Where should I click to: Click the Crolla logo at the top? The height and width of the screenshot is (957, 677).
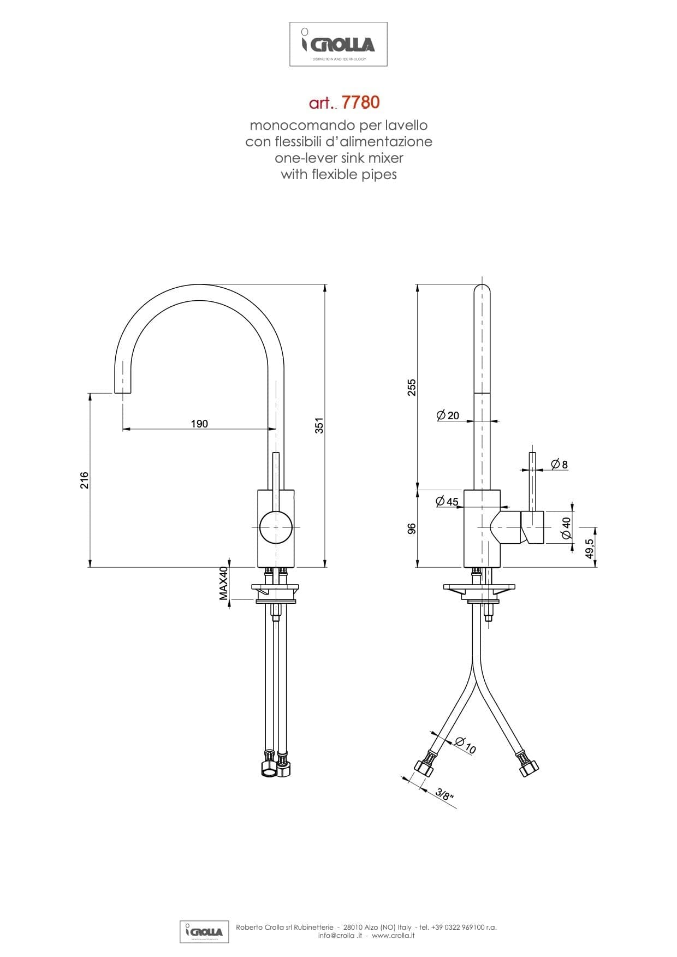tap(338, 44)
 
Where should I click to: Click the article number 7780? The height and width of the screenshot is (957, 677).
tap(360, 102)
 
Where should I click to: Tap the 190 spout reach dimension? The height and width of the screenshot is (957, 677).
tap(199, 424)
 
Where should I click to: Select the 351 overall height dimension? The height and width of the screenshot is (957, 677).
tap(320, 426)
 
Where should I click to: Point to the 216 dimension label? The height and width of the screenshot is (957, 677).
tap(85, 480)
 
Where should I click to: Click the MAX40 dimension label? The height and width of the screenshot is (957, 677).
tap(224, 583)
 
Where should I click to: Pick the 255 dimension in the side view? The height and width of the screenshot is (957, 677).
tap(412, 387)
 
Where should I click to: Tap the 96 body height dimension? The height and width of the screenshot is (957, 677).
tap(412, 528)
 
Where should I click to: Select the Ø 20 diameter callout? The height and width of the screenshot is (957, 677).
tap(448, 415)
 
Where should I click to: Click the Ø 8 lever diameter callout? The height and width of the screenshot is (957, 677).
tap(559, 465)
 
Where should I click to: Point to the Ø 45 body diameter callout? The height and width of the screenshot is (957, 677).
tap(447, 501)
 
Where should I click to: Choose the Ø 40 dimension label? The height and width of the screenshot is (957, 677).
tap(566, 528)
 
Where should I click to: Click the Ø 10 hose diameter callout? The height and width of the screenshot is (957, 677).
tap(465, 745)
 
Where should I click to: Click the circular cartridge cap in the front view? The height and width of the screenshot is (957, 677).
tap(276, 527)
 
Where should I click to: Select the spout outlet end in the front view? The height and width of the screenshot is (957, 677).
tap(123, 392)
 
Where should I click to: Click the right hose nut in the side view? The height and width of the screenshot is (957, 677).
tap(527, 766)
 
